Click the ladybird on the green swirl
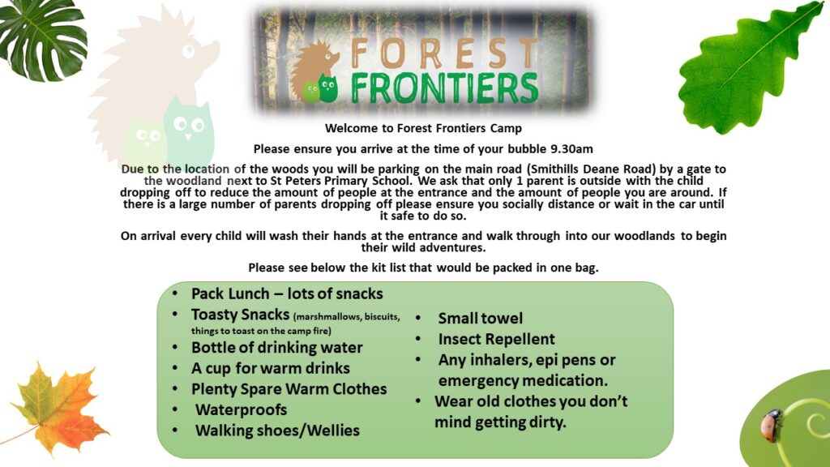772,425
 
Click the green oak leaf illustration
751,69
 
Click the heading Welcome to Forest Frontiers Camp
423,128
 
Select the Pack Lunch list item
287,293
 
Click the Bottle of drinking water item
277,348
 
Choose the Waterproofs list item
241,409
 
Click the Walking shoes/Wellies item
277,431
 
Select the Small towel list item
480,318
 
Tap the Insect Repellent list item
496,339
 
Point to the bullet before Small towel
418,318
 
